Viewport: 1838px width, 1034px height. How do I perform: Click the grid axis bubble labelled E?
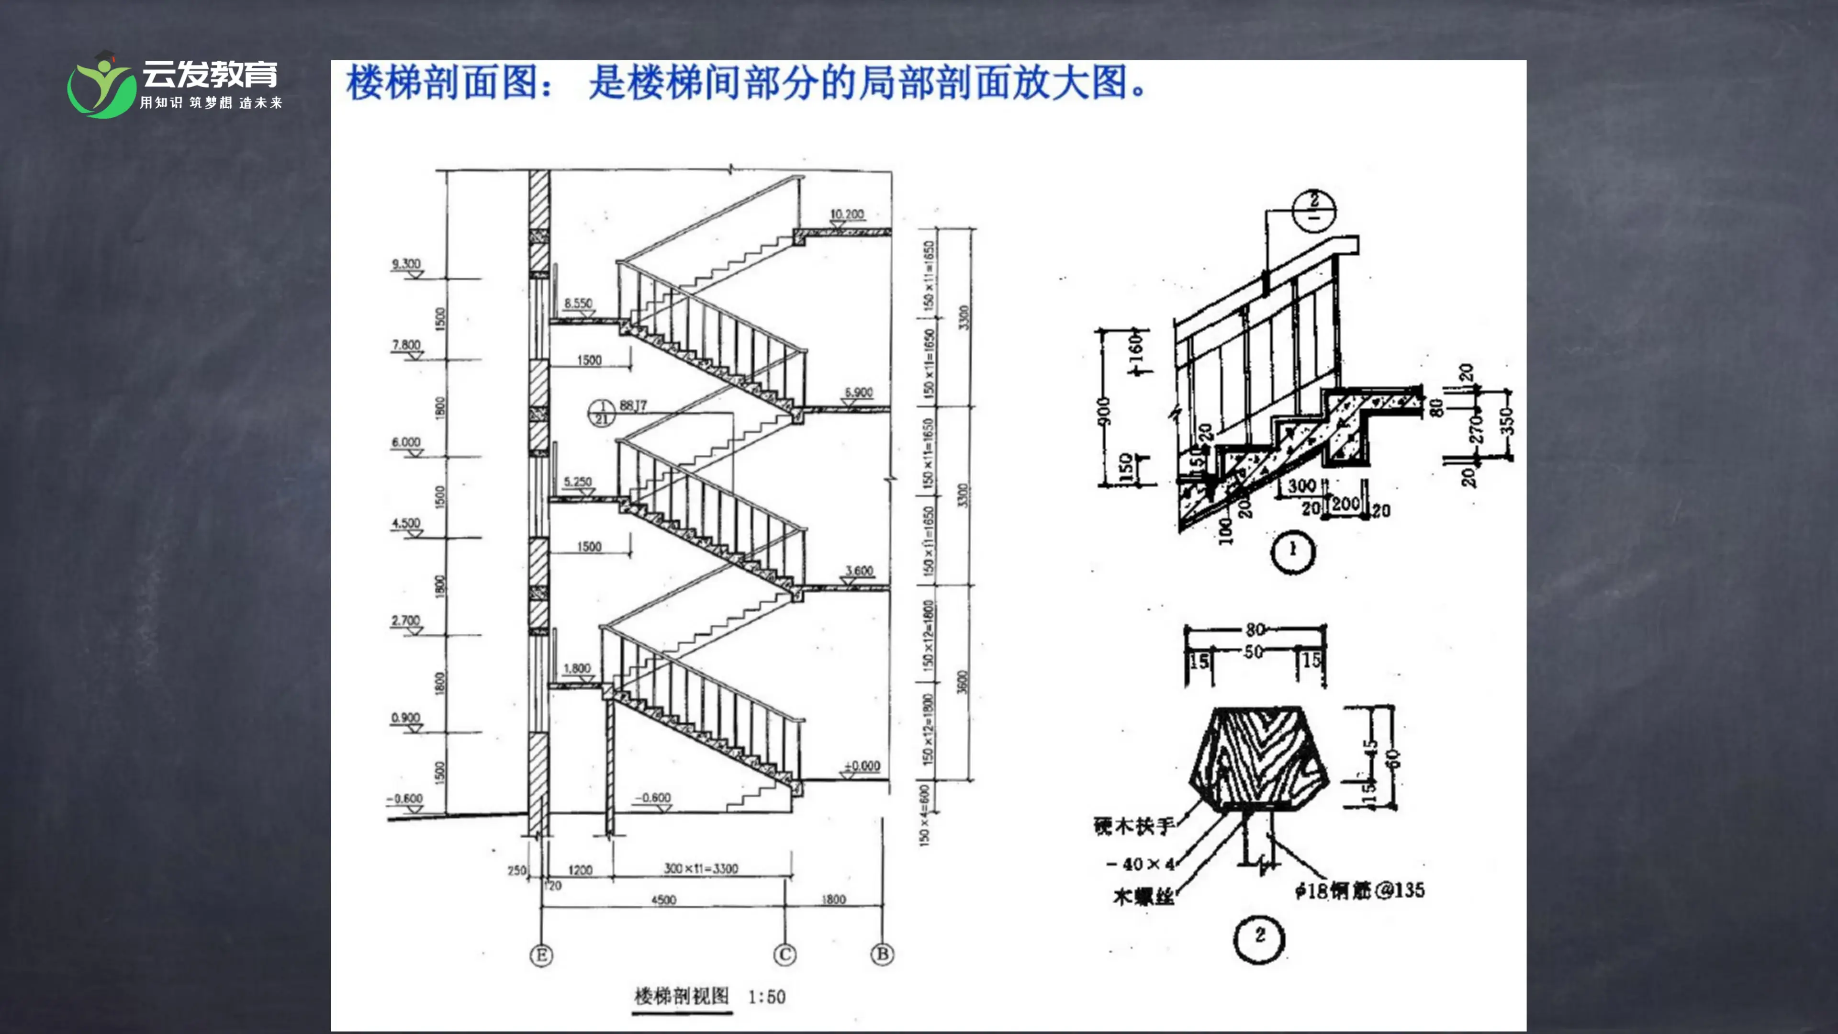(x=541, y=955)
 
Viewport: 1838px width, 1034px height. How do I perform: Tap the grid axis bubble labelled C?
(x=785, y=955)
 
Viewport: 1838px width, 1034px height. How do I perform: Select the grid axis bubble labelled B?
(x=883, y=954)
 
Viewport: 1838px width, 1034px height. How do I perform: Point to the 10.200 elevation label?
(x=847, y=214)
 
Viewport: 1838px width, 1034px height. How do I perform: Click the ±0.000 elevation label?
(x=862, y=766)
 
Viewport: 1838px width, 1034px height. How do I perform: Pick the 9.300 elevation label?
(x=406, y=264)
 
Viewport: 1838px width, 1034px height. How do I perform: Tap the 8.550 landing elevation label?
(x=578, y=303)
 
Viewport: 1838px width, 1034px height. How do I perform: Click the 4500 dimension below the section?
(x=663, y=900)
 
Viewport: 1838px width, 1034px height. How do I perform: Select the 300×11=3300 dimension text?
(x=701, y=868)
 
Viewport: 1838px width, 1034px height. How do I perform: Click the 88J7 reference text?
(x=633, y=405)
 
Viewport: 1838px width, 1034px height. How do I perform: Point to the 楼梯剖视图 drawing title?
(x=682, y=996)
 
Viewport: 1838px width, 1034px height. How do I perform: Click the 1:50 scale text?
(x=766, y=997)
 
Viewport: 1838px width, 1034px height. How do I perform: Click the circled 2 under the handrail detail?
(x=1259, y=936)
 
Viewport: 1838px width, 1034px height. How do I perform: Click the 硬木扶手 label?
(x=1134, y=826)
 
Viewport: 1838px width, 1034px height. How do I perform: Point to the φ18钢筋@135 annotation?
(x=1359, y=890)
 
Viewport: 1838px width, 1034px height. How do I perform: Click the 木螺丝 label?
(x=1143, y=896)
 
